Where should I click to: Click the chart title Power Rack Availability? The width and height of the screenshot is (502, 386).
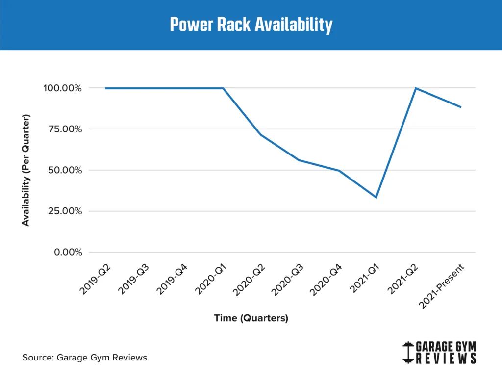point(251,25)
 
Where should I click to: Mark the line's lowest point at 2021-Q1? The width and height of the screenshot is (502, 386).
point(376,197)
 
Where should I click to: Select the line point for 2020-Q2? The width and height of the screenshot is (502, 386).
point(261,134)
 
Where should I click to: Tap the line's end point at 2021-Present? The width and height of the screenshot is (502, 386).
point(461,107)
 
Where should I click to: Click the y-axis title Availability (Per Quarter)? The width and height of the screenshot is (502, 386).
point(26,170)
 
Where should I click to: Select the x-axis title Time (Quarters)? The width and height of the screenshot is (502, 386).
point(251,318)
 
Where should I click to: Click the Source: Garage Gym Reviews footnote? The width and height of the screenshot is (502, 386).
point(85,358)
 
